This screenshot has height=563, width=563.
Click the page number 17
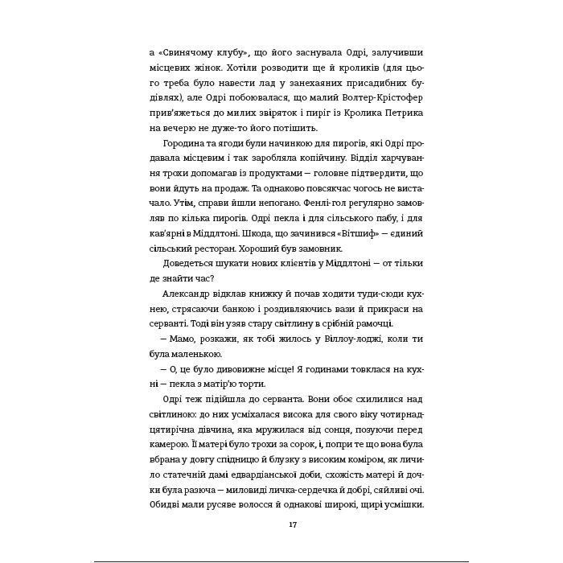pyautogui.click(x=281, y=524)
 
